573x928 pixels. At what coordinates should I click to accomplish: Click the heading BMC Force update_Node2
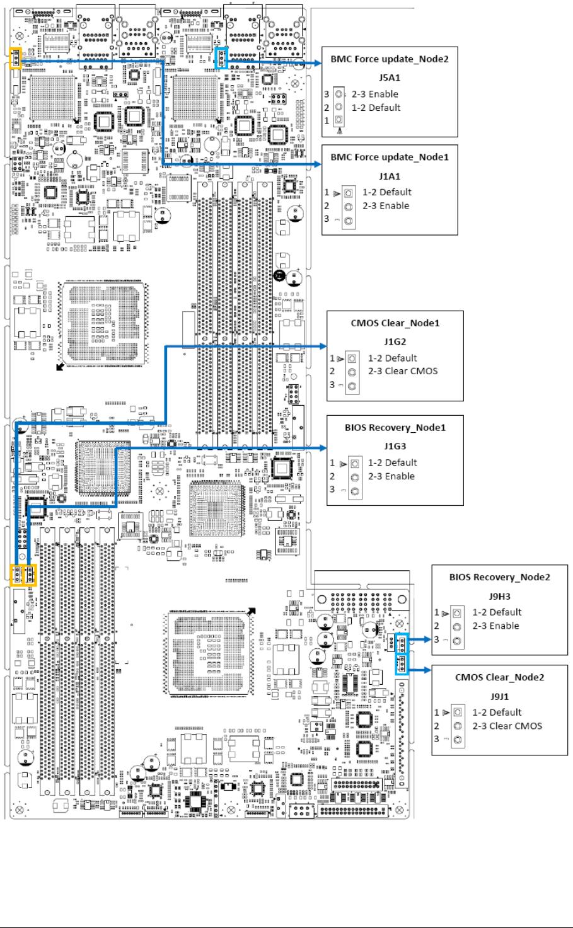coord(390,59)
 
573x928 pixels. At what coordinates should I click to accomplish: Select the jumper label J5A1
coord(390,77)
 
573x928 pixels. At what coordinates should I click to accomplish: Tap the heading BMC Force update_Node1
coord(390,157)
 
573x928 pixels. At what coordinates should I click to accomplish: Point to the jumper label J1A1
coord(390,176)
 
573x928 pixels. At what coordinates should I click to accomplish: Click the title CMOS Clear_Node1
coord(395,323)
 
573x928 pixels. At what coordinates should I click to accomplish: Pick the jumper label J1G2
coord(395,341)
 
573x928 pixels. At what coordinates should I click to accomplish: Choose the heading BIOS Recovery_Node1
coord(395,428)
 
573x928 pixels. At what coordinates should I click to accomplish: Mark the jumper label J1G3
coord(395,446)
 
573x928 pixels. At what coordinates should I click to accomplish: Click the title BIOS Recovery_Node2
coord(500,577)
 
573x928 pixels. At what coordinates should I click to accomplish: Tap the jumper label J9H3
coord(500,596)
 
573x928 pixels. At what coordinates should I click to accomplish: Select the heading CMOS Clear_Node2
coord(500,677)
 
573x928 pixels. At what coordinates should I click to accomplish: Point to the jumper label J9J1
coord(500,696)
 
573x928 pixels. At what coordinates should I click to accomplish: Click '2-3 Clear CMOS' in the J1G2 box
coord(403,371)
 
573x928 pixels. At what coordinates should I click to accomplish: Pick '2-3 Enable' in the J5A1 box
coord(375,94)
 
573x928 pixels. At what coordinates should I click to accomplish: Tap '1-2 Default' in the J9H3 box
coord(497,612)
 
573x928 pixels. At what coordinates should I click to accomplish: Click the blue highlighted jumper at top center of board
coord(221,59)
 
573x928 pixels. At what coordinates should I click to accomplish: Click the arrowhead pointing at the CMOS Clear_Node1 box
coord(323,346)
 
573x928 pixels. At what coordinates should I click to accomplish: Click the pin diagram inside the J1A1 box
coord(348,207)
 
